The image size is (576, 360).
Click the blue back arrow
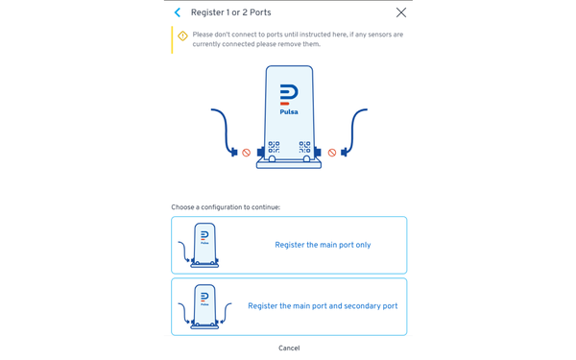(x=178, y=12)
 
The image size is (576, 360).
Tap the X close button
(x=401, y=12)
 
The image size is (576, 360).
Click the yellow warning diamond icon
(x=182, y=36)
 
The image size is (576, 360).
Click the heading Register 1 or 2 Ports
(x=230, y=12)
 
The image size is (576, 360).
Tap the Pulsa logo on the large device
(x=289, y=94)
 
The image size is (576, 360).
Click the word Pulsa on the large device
(x=289, y=112)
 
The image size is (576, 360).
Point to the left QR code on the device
(x=274, y=147)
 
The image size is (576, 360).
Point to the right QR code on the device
(x=304, y=147)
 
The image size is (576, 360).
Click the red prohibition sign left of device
(x=246, y=153)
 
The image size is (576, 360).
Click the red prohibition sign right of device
(x=332, y=153)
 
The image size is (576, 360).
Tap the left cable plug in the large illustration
(x=234, y=152)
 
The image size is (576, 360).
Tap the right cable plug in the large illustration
(x=345, y=152)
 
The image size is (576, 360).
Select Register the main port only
(x=323, y=245)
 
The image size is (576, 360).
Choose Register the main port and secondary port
(x=323, y=306)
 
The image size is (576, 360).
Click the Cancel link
(x=289, y=348)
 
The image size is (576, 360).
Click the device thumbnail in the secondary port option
(x=204, y=306)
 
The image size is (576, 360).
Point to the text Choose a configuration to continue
(x=226, y=207)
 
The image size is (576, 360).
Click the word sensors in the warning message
(x=377, y=35)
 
